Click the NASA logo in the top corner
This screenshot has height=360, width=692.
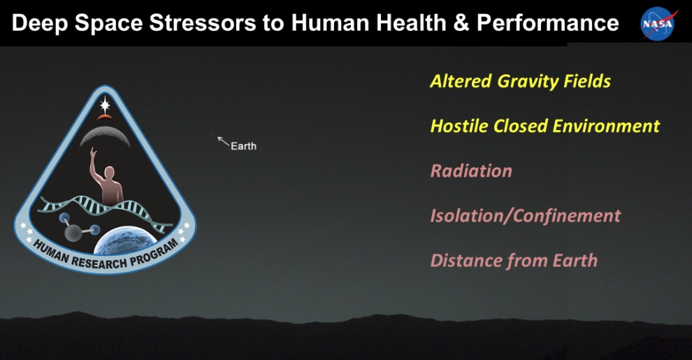(659, 23)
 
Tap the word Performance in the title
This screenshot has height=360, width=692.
(547, 23)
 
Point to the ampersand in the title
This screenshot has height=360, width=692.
(461, 23)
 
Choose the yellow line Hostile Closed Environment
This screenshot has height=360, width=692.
(545, 126)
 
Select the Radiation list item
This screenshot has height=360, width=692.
(470, 171)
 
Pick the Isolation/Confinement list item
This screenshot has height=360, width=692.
(525, 215)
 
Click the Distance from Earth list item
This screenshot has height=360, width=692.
(514, 261)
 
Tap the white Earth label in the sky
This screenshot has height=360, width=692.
(243, 146)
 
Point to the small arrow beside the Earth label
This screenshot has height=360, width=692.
(223, 142)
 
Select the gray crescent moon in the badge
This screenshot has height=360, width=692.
(105, 136)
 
